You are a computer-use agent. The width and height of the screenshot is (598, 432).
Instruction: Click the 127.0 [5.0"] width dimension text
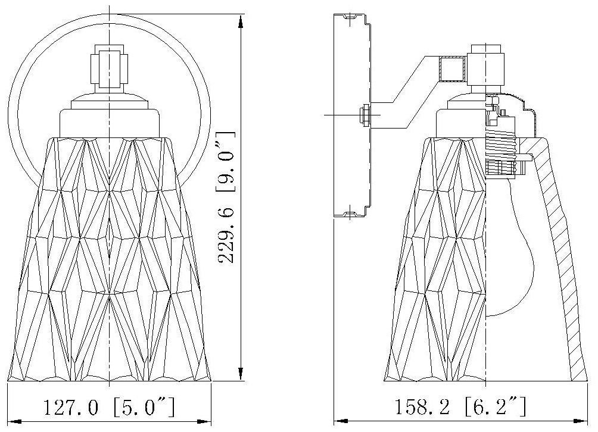pyautogui.click(x=109, y=409)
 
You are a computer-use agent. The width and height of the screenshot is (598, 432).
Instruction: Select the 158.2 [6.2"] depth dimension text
pyautogui.click(x=461, y=409)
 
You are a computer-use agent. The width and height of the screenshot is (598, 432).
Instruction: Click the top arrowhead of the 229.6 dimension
pyautogui.click(x=241, y=21)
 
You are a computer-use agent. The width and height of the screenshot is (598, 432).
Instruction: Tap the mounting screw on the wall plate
pyautogui.click(x=365, y=114)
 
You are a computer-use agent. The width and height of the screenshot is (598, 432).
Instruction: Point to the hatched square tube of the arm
pyautogui.click(x=451, y=68)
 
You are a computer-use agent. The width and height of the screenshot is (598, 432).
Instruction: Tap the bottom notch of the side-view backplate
pyautogui.click(x=355, y=212)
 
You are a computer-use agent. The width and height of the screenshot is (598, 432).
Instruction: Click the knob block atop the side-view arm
pyautogui.click(x=485, y=65)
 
